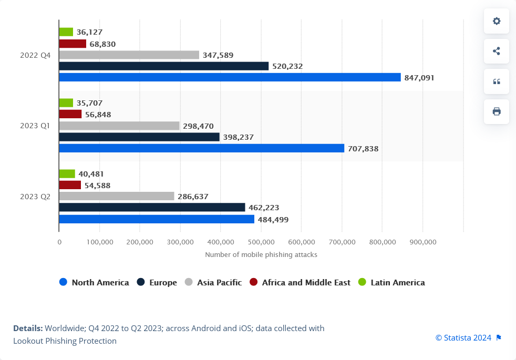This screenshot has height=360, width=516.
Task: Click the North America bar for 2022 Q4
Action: point(230,77)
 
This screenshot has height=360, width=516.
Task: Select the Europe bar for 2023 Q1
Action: point(139,137)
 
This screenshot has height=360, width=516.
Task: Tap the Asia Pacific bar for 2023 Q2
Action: point(117,196)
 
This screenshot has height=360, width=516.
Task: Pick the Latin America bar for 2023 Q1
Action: point(66,103)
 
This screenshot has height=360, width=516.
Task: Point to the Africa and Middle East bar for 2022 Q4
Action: point(73,44)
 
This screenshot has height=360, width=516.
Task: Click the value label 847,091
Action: point(419,78)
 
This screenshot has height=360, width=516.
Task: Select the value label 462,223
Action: point(264,208)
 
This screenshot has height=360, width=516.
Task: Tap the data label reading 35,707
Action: point(89,103)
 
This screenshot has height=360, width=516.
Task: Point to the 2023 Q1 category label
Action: point(35,126)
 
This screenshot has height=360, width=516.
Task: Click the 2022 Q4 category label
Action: point(35,55)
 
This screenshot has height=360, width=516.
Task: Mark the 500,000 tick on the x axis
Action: point(261,242)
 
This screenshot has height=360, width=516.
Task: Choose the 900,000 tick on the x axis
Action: point(422,242)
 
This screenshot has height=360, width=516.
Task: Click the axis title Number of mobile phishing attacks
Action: point(261,254)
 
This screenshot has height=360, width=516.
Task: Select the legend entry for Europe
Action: point(157,282)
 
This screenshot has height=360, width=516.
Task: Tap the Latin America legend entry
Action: point(391,282)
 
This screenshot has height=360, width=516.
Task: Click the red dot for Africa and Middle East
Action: point(253,282)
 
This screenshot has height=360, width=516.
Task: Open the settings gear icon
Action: point(497,21)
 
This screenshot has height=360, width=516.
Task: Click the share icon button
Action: point(497,51)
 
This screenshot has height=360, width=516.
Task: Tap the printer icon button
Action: point(497,111)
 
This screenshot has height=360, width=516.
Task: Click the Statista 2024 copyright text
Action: point(463,337)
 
